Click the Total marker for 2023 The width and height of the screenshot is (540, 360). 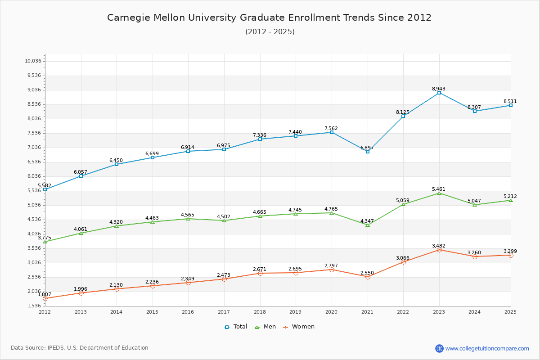439,93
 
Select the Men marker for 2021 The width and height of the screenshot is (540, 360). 368,225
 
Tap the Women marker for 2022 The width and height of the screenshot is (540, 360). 403,262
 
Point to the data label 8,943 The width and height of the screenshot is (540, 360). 439,89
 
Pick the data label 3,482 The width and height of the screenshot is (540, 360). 439,246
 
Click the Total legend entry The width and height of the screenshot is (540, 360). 236,327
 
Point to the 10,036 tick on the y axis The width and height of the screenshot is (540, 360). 33,61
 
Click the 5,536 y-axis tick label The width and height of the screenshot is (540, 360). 33,191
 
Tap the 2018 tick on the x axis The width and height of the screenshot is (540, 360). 260,312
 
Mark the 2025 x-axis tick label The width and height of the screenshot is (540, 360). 510,312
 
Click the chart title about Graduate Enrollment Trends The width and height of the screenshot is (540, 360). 269,18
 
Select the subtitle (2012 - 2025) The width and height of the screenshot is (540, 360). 270,32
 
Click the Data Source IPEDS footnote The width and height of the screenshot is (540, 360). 80,348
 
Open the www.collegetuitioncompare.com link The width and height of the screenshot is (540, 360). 487,348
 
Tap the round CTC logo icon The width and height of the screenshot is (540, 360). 439,348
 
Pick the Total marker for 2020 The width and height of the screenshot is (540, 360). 332,132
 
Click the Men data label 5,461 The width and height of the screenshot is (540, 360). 439,189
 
